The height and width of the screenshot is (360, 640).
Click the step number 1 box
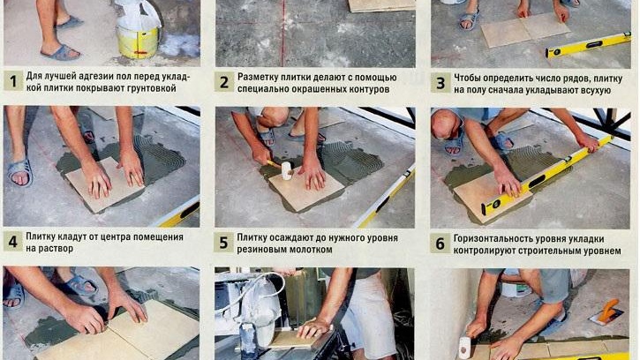[x=13, y=81]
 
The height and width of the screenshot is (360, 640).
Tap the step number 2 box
[x=224, y=82]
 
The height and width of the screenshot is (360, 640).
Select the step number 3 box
[x=440, y=83]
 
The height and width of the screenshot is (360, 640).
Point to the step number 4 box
[x=12, y=242]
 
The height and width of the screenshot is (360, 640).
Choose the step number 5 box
[x=223, y=243]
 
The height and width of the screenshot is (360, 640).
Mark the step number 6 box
[x=440, y=244]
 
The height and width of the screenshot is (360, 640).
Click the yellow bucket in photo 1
[x=138, y=41]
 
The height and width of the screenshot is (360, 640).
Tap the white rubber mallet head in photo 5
[x=287, y=170]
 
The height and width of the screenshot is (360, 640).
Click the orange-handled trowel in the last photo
[x=607, y=311]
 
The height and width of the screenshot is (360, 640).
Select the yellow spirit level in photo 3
[x=588, y=45]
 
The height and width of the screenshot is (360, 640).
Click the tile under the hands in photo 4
[x=104, y=185]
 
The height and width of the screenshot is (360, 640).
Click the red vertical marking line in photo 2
[x=282, y=33]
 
